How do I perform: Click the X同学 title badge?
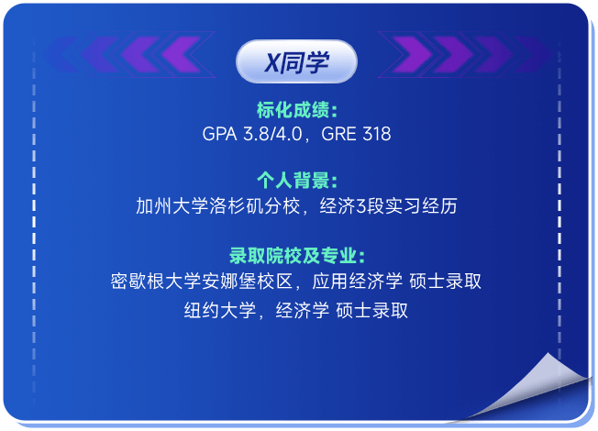(x=296, y=61)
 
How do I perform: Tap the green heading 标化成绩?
(x=294, y=111)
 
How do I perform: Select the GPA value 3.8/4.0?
(x=272, y=134)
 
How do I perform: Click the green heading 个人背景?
(x=294, y=181)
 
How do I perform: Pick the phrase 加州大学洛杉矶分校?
(x=218, y=206)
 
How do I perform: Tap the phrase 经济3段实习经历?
(x=388, y=206)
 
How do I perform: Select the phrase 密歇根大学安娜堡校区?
(x=202, y=282)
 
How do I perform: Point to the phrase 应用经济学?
(x=357, y=282)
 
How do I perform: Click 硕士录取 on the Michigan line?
(x=445, y=282)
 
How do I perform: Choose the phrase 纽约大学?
(x=220, y=310)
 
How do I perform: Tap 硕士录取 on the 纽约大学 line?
(x=371, y=310)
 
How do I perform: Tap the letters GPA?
(x=219, y=134)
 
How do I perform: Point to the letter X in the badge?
(x=271, y=62)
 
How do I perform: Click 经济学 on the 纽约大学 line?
(x=303, y=310)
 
